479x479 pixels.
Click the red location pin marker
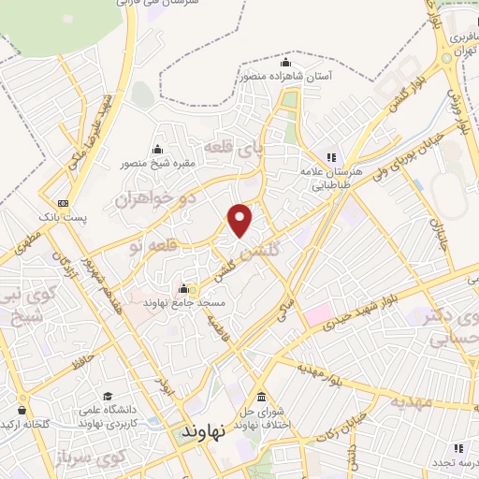click(x=241, y=219)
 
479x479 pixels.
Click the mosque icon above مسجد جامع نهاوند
click(x=184, y=288)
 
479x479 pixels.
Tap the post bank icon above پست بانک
click(x=63, y=203)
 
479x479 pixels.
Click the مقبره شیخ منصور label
click(x=158, y=165)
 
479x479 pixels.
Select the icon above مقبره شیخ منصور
click(x=157, y=150)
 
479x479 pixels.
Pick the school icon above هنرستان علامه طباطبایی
click(x=329, y=156)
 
